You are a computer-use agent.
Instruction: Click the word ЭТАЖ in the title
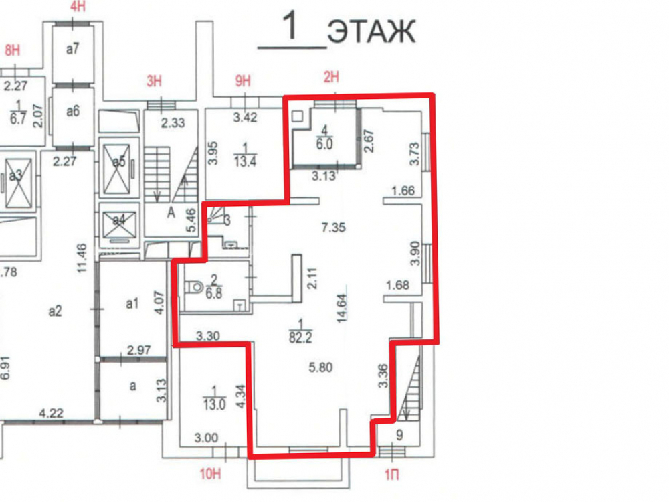[x=371, y=31]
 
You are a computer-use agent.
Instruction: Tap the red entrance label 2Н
[x=332, y=77]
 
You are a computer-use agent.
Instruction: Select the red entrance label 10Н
[x=210, y=473]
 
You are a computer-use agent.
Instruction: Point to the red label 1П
[x=391, y=475]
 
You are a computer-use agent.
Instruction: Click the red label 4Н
[x=78, y=7]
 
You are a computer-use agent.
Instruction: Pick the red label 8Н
[x=12, y=50]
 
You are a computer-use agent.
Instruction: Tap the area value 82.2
[x=300, y=337]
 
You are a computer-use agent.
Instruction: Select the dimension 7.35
[x=334, y=227]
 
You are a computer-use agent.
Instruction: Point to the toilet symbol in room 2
[x=195, y=286]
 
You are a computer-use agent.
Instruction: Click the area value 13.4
[x=245, y=161]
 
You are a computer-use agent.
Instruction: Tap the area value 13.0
[x=214, y=404]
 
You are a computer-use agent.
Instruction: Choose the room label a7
[x=72, y=49]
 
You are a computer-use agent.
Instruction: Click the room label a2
[x=55, y=311]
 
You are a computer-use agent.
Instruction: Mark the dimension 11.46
[x=82, y=258]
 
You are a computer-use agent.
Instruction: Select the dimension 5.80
[x=321, y=367]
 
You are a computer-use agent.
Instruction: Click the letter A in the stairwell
[x=171, y=212]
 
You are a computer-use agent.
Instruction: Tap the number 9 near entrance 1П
[x=399, y=435]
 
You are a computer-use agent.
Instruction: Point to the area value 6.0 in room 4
[x=324, y=144]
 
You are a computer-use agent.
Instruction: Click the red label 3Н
[x=154, y=81]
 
